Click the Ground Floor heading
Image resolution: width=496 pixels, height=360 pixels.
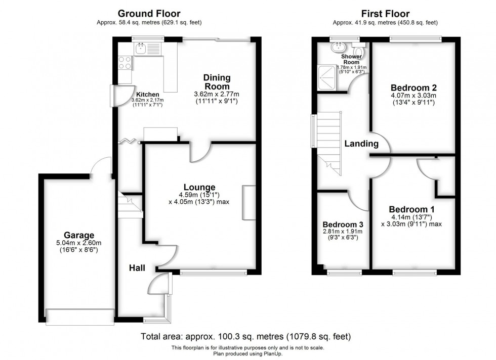click(x=149, y=14)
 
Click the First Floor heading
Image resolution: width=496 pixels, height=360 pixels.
click(x=385, y=14)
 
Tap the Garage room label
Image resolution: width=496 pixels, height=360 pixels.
click(x=78, y=235)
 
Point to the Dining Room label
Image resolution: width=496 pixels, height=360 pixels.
click(x=217, y=82)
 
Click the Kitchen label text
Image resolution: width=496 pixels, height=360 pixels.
click(x=147, y=95)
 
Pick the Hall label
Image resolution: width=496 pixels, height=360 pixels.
click(x=137, y=267)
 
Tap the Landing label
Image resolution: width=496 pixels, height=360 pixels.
click(x=361, y=144)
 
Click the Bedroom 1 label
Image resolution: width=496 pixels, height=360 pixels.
click(x=411, y=209)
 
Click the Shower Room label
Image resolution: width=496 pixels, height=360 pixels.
click(x=351, y=60)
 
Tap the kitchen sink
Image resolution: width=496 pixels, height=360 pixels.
click(x=141, y=49)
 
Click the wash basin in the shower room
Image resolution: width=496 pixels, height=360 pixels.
click(x=337, y=47)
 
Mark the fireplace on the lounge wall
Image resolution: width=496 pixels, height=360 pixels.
click(x=249, y=203)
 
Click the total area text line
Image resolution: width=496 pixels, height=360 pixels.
click(x=246, y=336)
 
